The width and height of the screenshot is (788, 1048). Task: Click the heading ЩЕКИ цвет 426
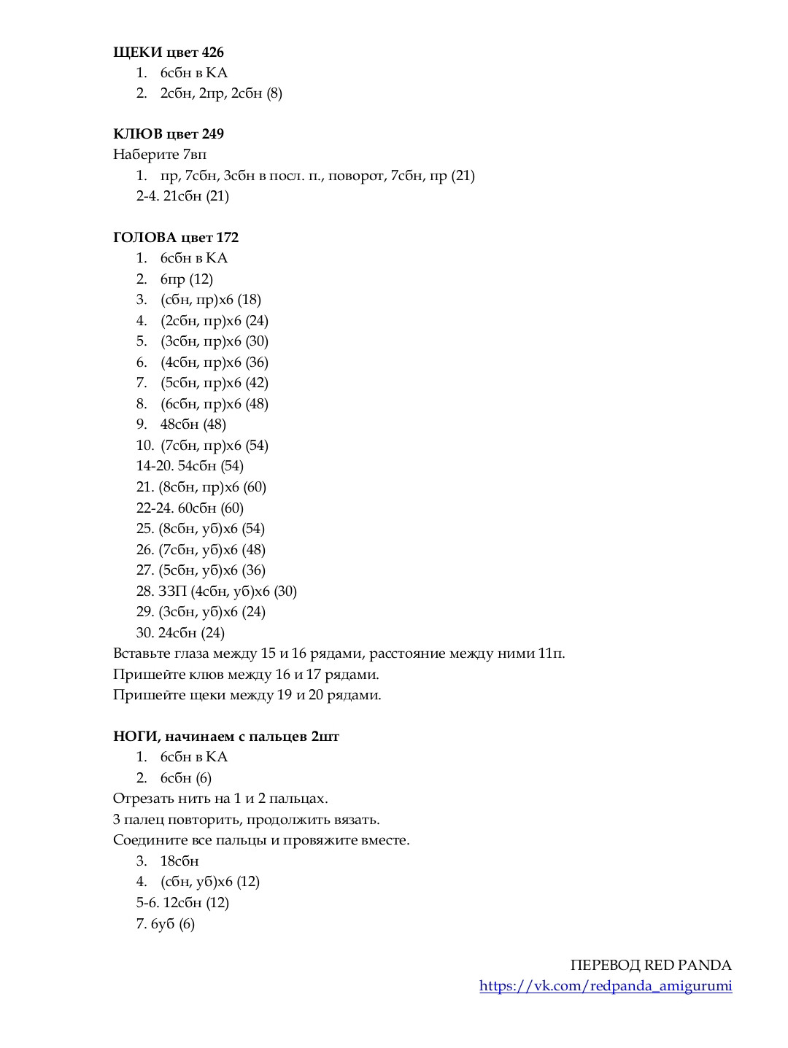(169, 52)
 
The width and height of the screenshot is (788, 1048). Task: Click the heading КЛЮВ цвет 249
(169, 134)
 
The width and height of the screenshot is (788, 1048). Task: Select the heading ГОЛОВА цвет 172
(176, 238)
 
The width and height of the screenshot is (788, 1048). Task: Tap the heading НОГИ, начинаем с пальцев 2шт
(226, 737)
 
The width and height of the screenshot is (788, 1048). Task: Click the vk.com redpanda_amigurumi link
(606, 986)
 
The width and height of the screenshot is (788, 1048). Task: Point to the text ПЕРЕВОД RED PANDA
(651, 966)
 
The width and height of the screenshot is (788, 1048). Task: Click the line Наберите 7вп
(160, 155)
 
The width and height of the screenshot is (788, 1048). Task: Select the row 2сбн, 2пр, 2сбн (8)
(221, 93)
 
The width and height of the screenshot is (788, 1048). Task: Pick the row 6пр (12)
(187, 279)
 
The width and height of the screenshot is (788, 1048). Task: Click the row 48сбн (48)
(193, 424)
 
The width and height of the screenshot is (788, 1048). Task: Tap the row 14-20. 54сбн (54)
(190, 466)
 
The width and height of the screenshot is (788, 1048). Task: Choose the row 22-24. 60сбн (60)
(190, 508)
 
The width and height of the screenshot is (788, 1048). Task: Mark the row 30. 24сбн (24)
(180, 633)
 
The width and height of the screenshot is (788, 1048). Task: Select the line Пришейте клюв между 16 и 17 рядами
(246, 675)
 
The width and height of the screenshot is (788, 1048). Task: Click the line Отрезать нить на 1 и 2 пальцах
(220, 799)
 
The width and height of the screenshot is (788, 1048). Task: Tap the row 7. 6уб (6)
(166, 924)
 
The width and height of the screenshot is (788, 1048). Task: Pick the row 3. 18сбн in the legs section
(179, 861)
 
